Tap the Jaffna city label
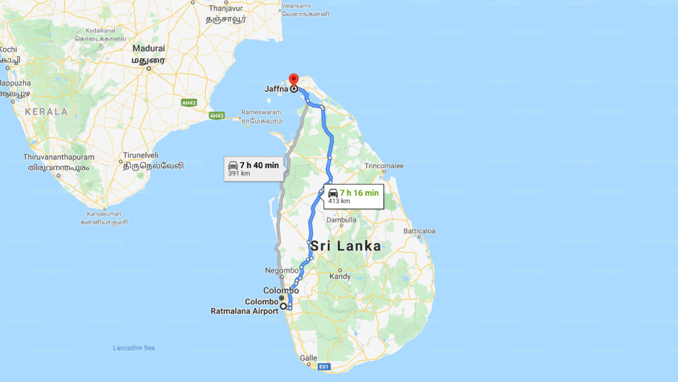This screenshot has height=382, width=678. click(x=276, y=89)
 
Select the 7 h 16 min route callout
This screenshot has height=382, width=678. click(x=353, y=196)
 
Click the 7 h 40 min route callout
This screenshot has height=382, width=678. click(x=253, y=169)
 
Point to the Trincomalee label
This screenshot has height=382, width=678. click(x=384, y=166)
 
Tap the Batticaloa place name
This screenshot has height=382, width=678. click(x=419, y=231)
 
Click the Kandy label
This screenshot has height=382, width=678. click(x=340, y=276)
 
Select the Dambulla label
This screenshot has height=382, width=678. click(x=342, y=220)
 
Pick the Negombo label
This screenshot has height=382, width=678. click(x=282, y=270)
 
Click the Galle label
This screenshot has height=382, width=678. click(x=308, y=358)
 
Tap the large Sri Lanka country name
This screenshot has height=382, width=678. click(x=345, y=246)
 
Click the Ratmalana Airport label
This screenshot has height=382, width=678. click(x=244, y=311)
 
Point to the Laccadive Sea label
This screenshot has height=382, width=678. click(x=133, y=348)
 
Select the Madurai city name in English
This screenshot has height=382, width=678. click(x=148, y=48)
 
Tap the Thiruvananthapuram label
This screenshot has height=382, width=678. click(x=58, y=157)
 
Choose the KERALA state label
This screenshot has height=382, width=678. click(x=47, y=111)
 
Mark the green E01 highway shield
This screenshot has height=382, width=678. click(x=324, y=366)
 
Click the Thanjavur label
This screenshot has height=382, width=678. click(x=226, y=8)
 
